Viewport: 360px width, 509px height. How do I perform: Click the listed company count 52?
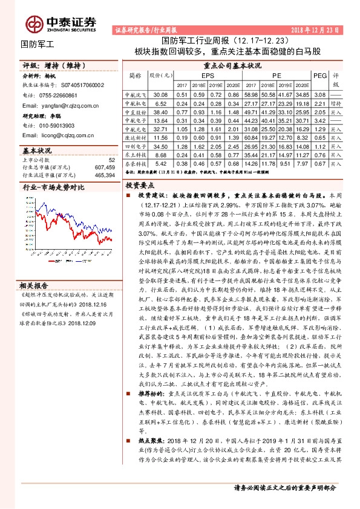[x=111, y=159]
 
